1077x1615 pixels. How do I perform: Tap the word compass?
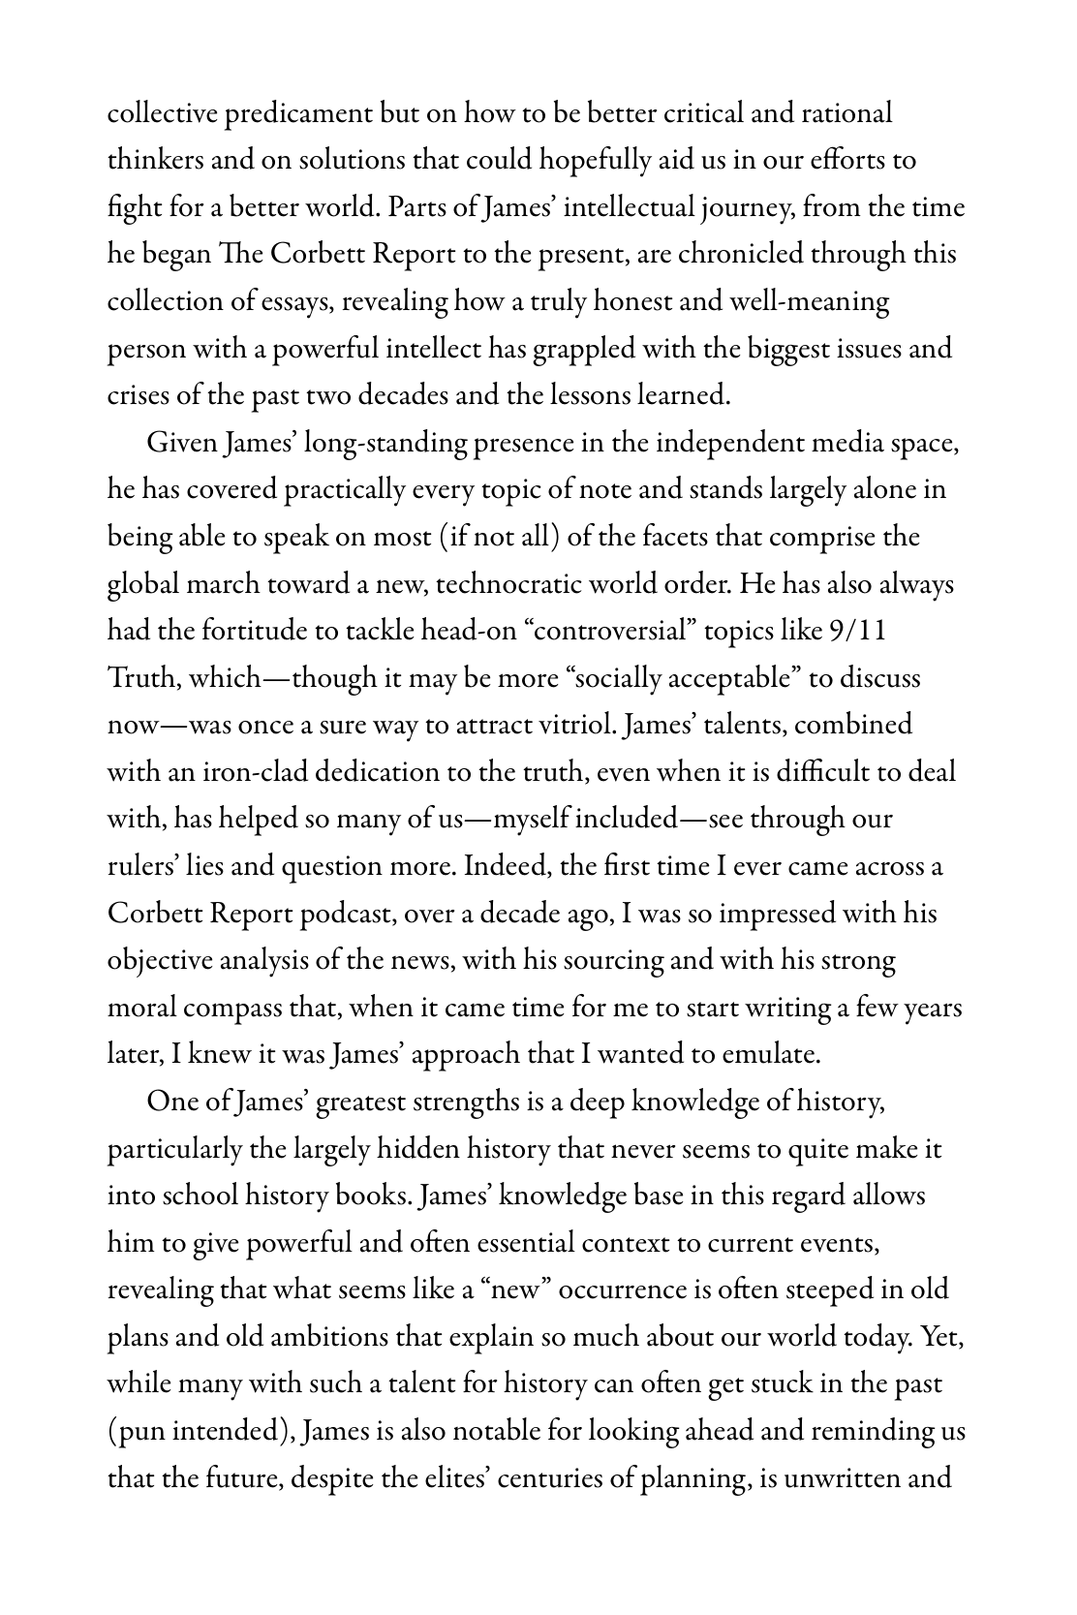[231, 1008]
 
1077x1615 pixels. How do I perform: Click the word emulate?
[765, 1054]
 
